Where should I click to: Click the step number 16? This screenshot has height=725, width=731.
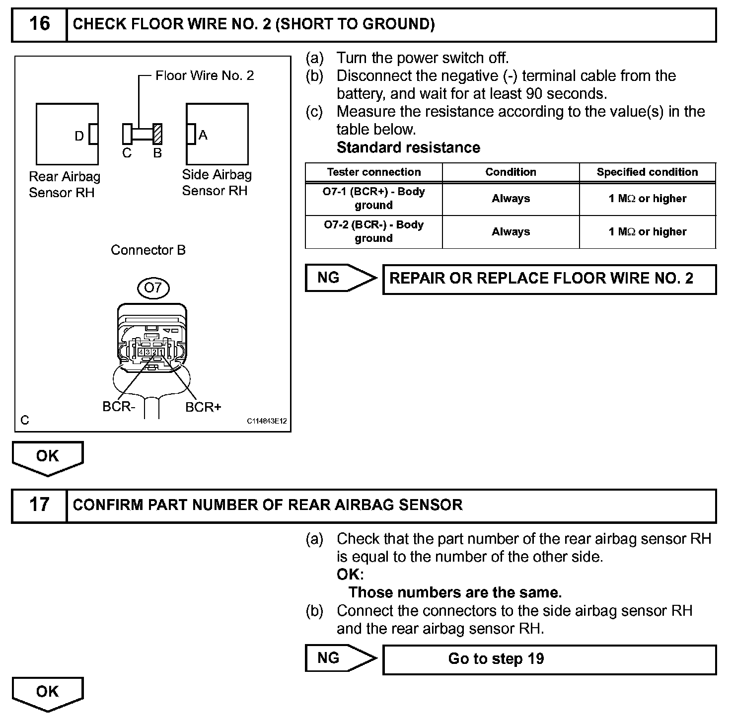click(39, 24)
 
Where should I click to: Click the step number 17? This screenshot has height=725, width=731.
click(39, 505)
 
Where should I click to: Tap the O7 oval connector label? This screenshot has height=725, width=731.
click(153, 288)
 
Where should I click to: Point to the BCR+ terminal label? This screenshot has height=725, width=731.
click(203, 407)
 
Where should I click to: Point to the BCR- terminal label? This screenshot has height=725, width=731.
click(119, 407)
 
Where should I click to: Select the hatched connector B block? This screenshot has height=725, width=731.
click(158, 134)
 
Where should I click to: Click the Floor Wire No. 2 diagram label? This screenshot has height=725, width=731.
click(205, 75)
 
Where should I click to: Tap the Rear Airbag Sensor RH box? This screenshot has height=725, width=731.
click(67, 134)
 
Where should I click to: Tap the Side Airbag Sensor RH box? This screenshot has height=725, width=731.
click(217, 134)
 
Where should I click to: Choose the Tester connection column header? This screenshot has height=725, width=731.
click(373, 172)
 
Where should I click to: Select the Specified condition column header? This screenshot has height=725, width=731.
click(647, 172)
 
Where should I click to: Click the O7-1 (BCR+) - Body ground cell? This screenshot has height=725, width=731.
click(373, 198)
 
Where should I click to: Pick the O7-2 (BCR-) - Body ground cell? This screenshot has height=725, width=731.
click(373, 231)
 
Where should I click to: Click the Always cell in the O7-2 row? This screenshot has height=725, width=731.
click(511, 231)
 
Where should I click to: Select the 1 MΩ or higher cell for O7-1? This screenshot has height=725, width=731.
click(647, 199)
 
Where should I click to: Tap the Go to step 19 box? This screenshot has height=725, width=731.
click(549, 659)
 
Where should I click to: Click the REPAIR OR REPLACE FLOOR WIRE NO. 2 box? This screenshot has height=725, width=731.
click(549, 279)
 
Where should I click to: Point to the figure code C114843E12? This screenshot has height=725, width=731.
click(267, 421)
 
